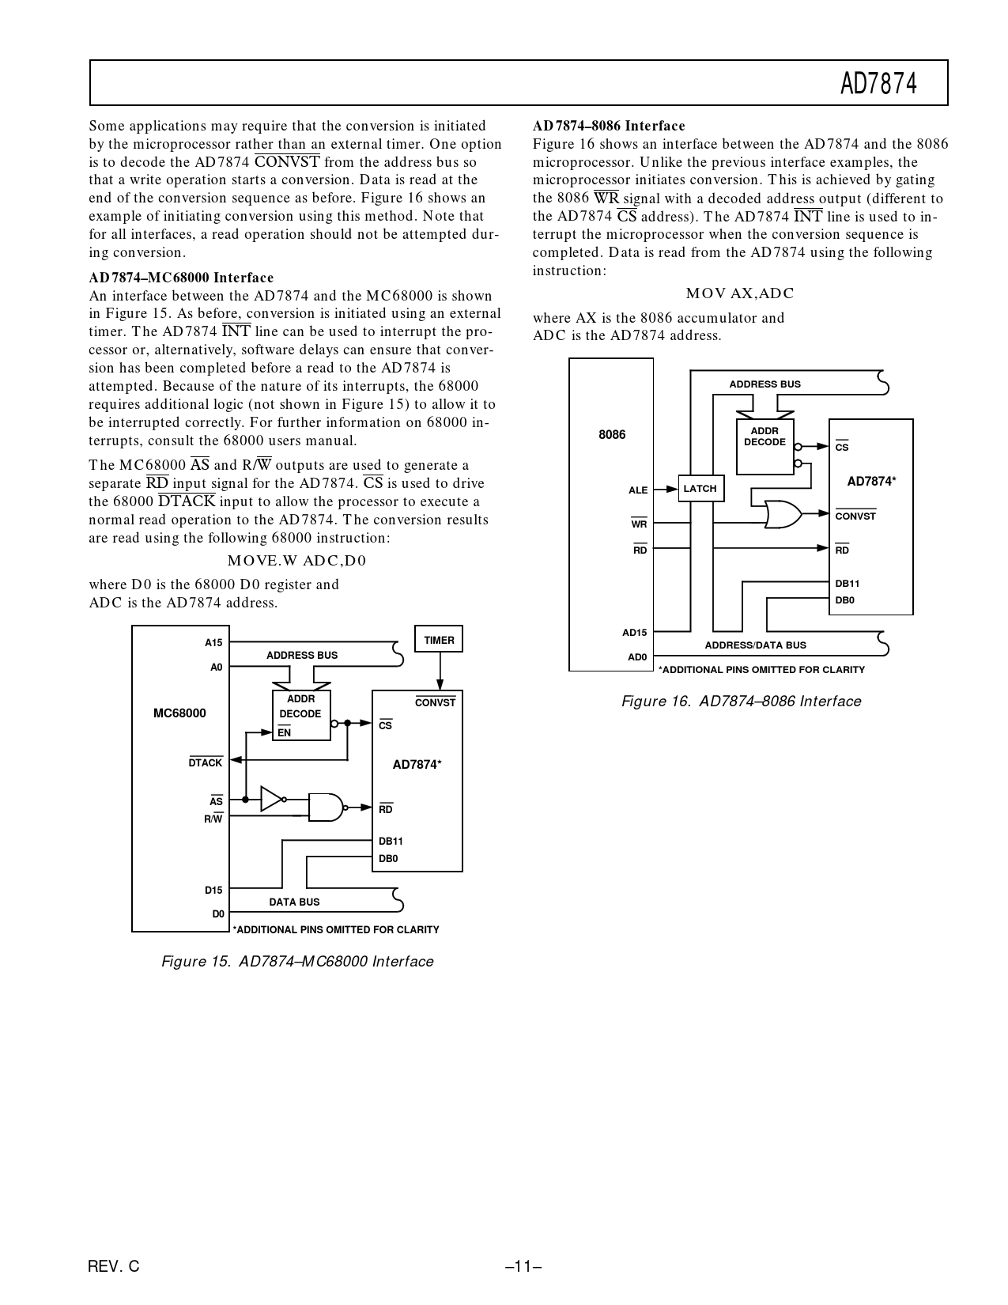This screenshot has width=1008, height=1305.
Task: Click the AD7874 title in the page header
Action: [878, 83]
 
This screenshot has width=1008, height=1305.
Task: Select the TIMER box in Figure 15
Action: [439, 639]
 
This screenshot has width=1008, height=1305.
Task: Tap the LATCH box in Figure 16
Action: [700, 489]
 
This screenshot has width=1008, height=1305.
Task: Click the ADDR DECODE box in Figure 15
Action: [301, 715]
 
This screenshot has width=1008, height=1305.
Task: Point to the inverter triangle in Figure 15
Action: [271, 799]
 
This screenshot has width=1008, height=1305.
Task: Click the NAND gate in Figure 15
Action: [326, 807]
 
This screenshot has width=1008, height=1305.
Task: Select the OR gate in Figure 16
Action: [783, 515]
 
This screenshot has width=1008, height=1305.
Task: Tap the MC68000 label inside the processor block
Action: [179, 713]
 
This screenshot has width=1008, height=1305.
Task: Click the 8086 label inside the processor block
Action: [612, 435]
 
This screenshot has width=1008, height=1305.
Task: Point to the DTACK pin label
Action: [206, 763]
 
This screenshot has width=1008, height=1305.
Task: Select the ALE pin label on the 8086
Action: [638, 490]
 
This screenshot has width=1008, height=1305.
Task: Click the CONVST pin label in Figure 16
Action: [855, 516]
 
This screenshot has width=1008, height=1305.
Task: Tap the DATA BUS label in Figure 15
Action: [294, 902]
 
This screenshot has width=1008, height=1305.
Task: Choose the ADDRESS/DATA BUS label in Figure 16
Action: [755, 645]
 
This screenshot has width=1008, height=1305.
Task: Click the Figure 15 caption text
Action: [297, 962]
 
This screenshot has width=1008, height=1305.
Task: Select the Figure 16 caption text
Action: [741, 702]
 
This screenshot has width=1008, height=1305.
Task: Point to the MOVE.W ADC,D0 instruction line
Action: [296, 561]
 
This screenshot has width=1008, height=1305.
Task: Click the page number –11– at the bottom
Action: [523, 1266]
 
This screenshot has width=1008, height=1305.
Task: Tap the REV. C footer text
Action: [114, 1266]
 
